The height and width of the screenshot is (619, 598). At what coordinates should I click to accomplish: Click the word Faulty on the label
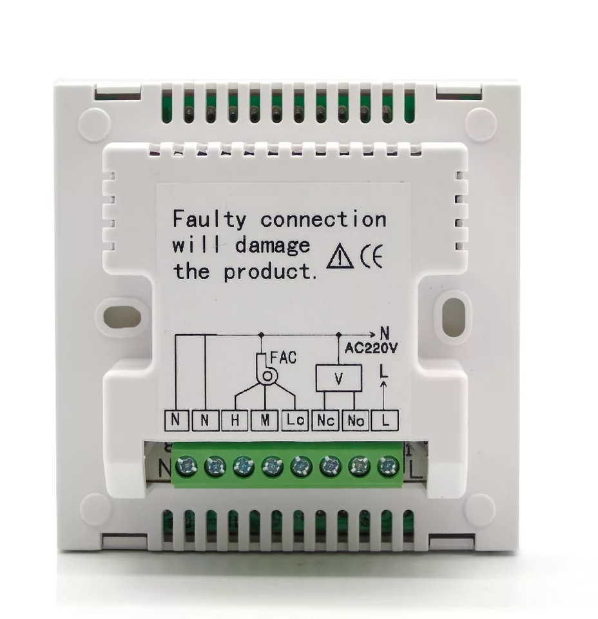209,220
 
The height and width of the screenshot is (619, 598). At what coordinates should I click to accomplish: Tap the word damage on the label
273,246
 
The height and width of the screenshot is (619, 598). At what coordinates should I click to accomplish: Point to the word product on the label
268,272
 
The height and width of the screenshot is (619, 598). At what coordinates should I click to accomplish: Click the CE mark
372,257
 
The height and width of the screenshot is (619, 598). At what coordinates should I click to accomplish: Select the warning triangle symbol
340,257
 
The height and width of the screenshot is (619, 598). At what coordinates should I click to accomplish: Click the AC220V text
371,348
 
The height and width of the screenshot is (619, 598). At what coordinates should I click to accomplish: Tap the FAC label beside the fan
283,358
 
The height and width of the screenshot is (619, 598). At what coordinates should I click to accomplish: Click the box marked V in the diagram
338,378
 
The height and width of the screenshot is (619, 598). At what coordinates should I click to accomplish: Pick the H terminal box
235,420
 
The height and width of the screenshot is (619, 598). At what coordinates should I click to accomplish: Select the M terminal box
265,420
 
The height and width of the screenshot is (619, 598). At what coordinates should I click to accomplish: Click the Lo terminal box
295,420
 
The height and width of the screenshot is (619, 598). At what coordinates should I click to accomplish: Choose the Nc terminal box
325,420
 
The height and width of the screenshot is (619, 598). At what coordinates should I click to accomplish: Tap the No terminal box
356,420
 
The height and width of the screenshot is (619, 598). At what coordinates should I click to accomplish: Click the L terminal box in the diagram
385,420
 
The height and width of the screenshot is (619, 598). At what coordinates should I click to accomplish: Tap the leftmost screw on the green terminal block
186,467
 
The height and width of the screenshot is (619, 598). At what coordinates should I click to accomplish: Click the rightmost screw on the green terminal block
389,467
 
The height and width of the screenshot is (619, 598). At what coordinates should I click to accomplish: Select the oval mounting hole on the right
455,312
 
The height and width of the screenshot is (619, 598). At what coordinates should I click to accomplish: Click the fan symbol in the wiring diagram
266,369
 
